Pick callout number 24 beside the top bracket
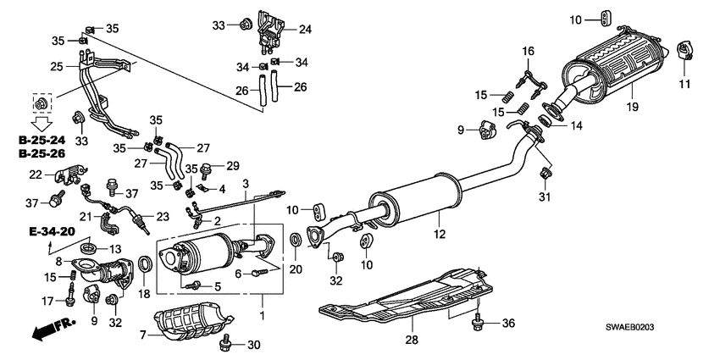(x=305, y=29)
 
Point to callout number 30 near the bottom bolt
(x=253, y=344)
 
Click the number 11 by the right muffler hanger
(x=685, y=83)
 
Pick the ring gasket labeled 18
(x=145, y=266)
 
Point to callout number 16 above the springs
(x=527, y=53)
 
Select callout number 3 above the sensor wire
(x=245, y=183)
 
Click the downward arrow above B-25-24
(x=37, y=122)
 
